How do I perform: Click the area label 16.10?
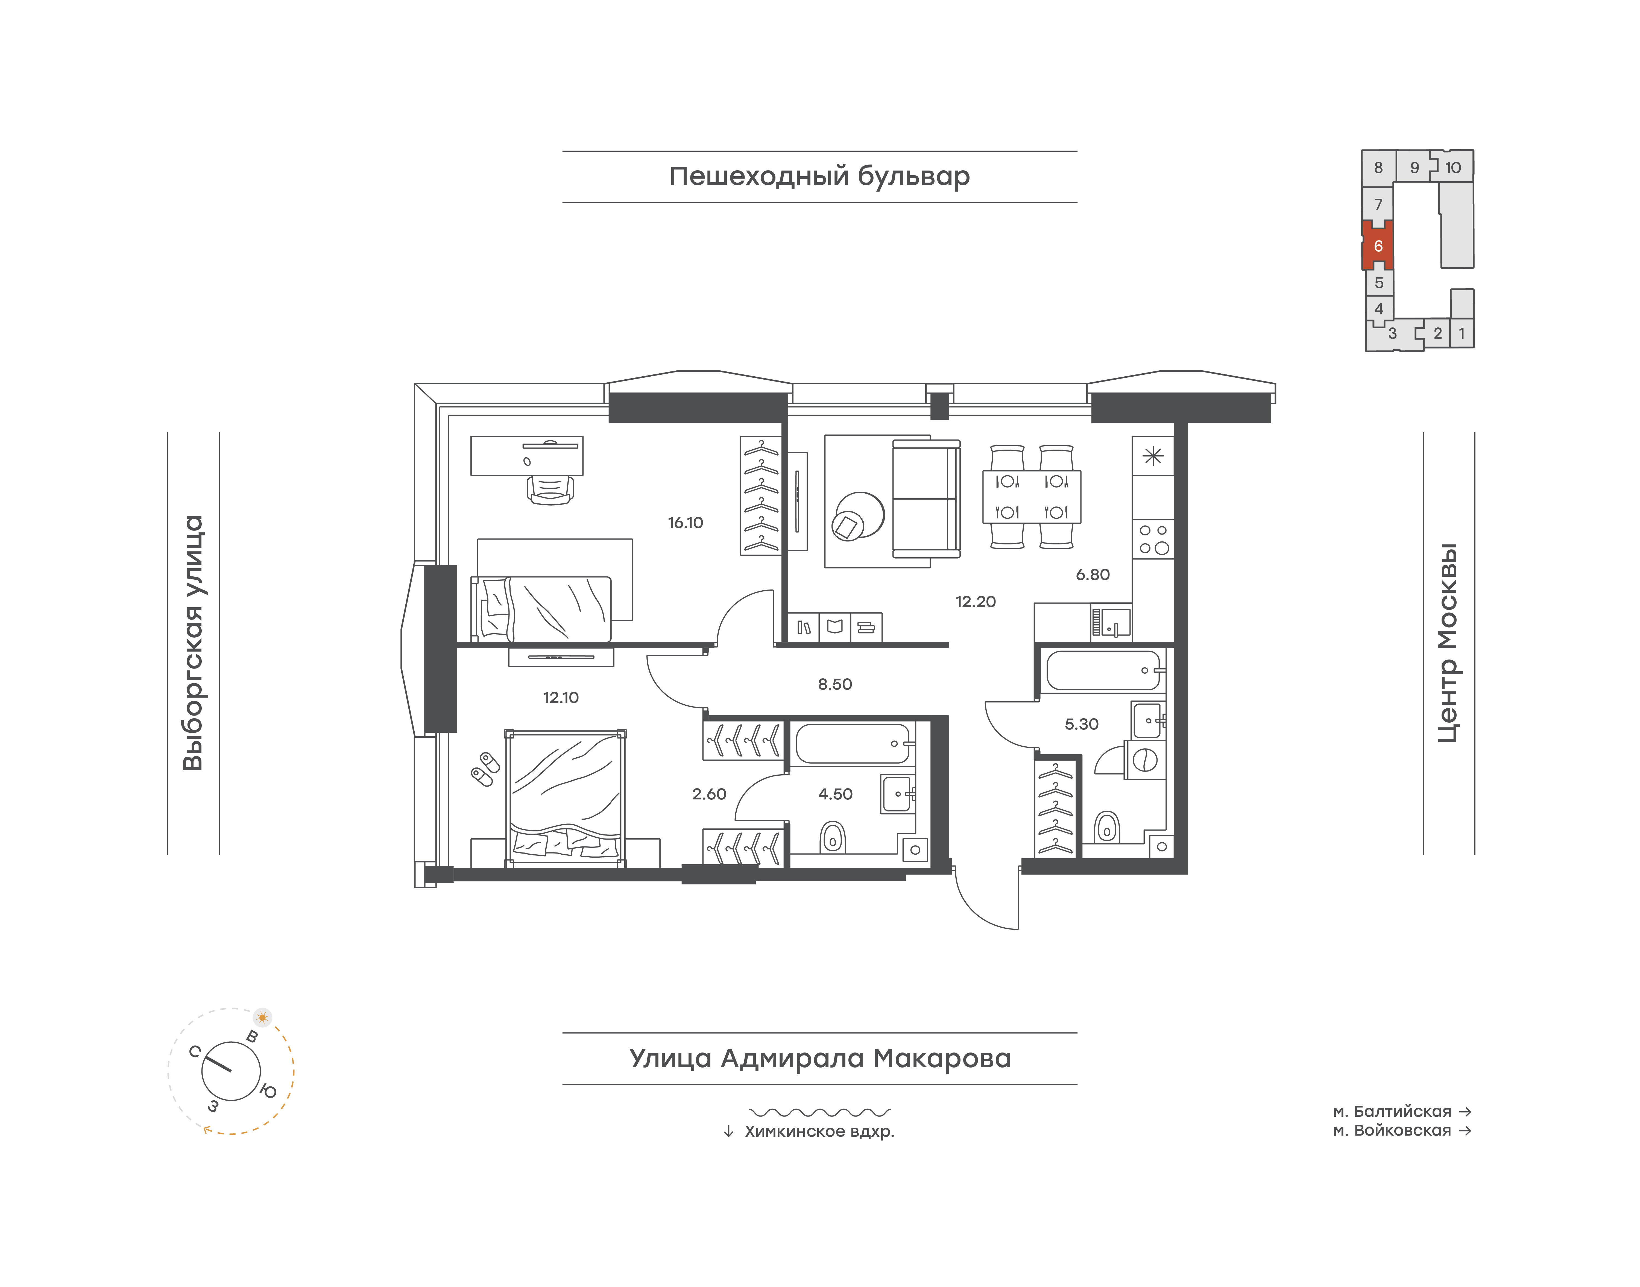(685, 523)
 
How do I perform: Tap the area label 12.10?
(561, 698)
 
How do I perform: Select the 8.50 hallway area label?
(835, 684)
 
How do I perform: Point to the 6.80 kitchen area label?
(1093, 575)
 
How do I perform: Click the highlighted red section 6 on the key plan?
(1378, 246)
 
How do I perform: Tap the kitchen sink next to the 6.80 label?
(1112, 622)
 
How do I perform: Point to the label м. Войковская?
(1392, 1130)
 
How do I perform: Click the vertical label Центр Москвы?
(1448, 643)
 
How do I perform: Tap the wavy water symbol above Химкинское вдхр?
(820, 1112)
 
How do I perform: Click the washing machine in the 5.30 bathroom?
(1145, 760)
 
